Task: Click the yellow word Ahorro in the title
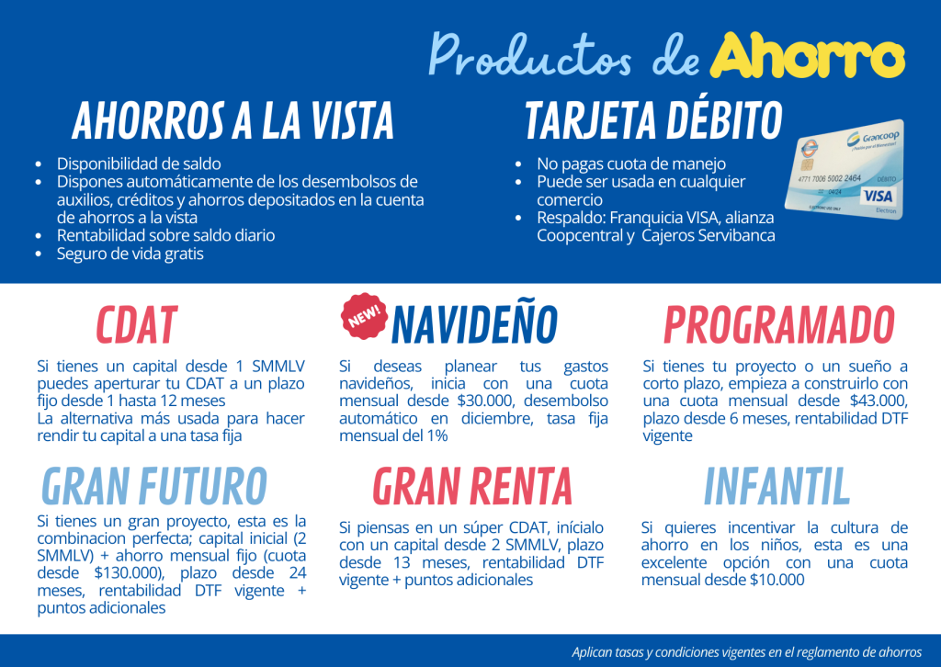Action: click(x=807, y=55)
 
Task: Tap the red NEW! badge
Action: click(x=364, y=315)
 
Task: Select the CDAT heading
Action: click(x=137, y=325)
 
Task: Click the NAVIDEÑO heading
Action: click(x=474, y=324)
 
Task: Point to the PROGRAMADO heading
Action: click(x=779, y=325)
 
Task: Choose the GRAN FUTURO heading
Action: click(x=154, y=486)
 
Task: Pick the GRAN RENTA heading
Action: click(x=472, y=486)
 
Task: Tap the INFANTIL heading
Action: click(x=777, y=486)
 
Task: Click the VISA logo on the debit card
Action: click(x=878, y=196)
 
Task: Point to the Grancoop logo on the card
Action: click(x=873, y=139)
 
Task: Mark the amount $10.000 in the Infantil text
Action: click(x=777, y=580)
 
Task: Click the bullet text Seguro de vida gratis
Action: click(x=130, y=254)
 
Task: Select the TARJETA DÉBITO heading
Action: click(x=654, y=120)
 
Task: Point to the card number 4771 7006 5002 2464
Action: click(x=830, y=179)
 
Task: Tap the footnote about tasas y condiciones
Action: click(x=746, y=652)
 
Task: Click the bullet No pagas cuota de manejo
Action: click(x=631, y=164)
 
